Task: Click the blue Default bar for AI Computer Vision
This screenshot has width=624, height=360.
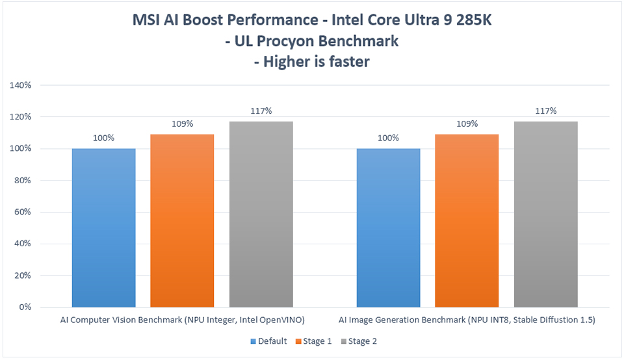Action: tap(104, 227)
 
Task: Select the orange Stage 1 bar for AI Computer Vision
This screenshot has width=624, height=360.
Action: tap(182, 221)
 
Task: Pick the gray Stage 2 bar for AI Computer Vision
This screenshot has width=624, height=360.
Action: tap(261, 214)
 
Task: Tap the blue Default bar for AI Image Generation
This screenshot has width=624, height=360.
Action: tap(388, 227)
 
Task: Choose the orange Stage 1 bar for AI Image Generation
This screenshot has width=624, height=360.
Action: tap(467, 221)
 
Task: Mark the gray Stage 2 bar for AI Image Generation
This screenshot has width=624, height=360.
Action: tap(545, 214)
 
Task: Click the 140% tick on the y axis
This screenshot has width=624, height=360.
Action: tap(29, 85)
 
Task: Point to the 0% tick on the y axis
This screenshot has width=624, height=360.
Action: tap(33, 307)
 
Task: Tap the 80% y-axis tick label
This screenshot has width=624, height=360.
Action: tap(31, 181)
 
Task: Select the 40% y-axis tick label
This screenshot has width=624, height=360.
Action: tap(31, 244)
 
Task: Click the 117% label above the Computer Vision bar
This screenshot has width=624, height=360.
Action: tap(261, 111)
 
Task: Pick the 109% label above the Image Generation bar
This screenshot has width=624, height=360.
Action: tap(467, 124)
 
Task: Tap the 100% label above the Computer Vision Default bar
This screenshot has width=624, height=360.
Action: tap(104, 138)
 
